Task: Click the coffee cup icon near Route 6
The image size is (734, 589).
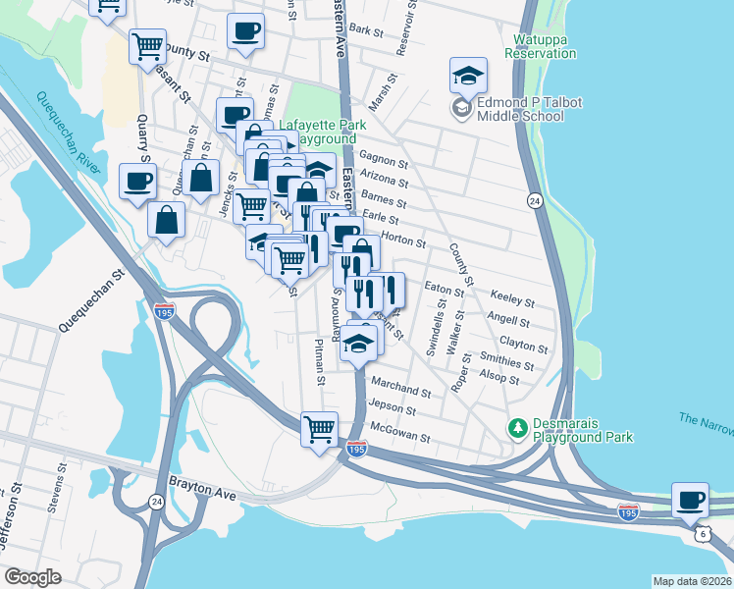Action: (x=691, y=499)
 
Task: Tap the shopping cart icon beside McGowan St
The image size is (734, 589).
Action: (x=320, y=429)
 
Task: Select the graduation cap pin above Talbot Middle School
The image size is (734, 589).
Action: (x=469, y=75)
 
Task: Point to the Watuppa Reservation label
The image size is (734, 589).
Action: (x=540, y=46)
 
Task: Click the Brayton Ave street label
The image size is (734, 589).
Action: (x=204, y=484)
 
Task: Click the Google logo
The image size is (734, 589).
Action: (x=32, y=577)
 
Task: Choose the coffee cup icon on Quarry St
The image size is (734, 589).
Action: (x=137, y=181)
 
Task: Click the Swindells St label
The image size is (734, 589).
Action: (x=432, y=334)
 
